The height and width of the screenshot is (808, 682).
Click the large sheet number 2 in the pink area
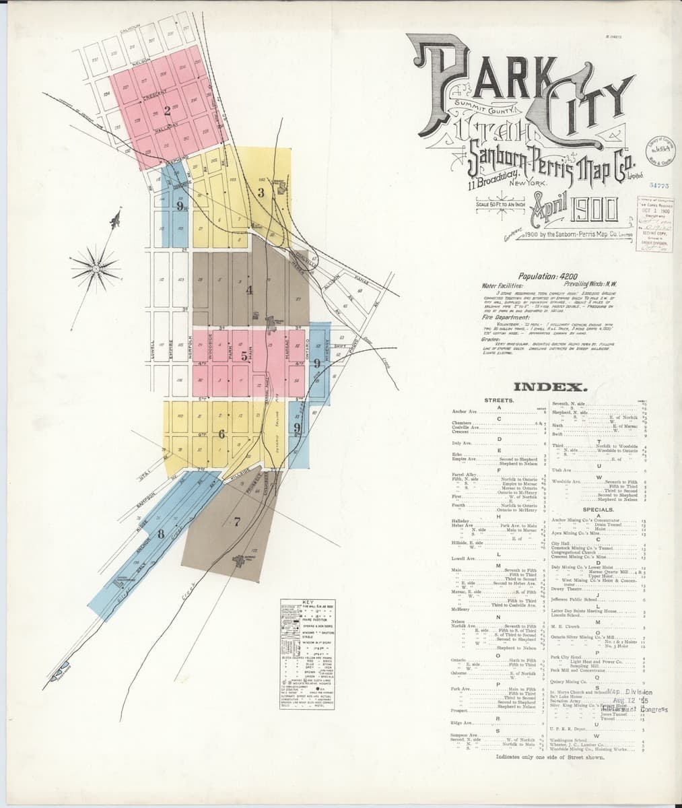(x=168, y=112)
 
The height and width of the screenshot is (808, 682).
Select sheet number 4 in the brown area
(x=249, y=290)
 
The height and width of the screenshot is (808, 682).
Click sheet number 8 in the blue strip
(x=160, y=534)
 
